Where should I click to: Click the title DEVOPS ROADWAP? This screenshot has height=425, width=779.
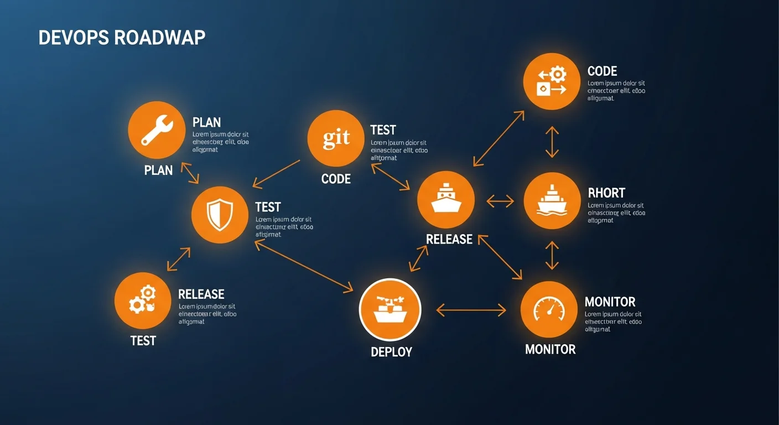tap(122, 38)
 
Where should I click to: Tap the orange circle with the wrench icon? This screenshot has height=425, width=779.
tap(157, 130)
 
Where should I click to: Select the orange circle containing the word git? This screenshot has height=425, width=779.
tap(336, 138)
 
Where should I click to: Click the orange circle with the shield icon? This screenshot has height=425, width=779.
tap(220, 215)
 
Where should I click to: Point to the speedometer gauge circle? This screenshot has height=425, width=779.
tap(549, 309)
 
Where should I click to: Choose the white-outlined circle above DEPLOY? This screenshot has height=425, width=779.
tap(390, 309)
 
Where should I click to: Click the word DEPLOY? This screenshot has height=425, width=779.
tap(391, 352)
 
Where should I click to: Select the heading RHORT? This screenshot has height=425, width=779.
tap(606, 193)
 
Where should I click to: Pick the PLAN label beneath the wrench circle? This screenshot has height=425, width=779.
tap(158, 170)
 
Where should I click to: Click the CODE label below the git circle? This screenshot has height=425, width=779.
tap(336, 179)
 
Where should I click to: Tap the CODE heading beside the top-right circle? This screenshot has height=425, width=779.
tap(602, 71)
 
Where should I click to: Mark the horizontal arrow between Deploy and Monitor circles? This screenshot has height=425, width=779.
tap(471, 310)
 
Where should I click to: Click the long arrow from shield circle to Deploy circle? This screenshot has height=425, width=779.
tap(303, 266)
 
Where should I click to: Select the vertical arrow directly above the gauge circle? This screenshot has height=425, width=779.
tap(552, 255)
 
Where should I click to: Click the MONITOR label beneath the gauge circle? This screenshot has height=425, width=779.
tap(550, 350)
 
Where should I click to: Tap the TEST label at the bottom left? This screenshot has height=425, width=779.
tap(143, 341)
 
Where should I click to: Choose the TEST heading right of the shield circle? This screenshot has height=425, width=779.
tap(268, 208)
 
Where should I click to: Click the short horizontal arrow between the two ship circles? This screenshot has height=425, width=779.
tap(500, 201)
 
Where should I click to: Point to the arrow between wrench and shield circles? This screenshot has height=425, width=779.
tap(190, 173)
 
